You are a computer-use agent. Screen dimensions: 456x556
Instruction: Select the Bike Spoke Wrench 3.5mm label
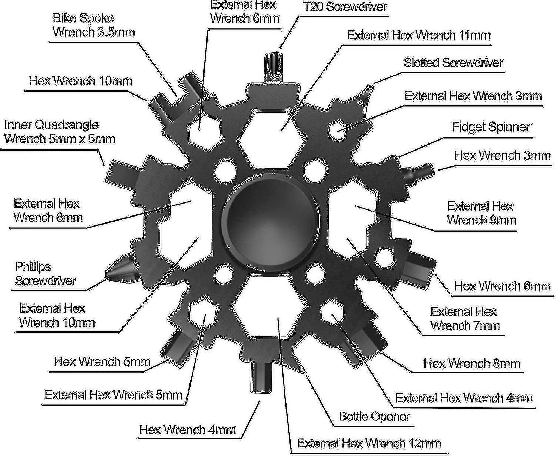[93, 25]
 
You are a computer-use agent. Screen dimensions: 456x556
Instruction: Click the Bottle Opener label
[374, 416]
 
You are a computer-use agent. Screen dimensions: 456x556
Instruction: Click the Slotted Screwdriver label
[453, 63]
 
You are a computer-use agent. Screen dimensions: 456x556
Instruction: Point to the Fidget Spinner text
[491, 127]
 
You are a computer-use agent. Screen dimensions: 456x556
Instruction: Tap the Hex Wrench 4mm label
[188, 430]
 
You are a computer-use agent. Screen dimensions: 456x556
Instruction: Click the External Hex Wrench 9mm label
[481, 213]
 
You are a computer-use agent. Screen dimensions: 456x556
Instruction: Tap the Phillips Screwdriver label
[45, 274]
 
